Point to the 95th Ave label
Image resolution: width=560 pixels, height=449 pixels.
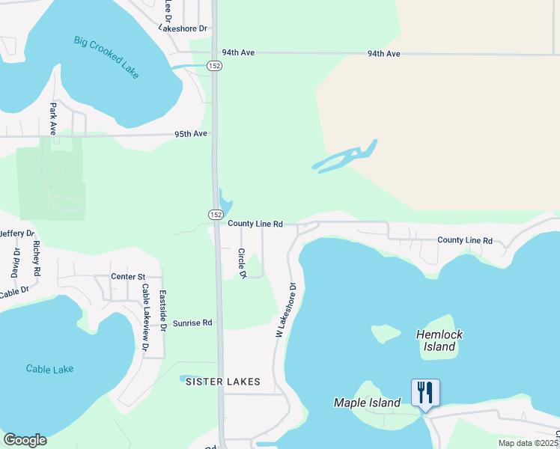click(x=191, y=134)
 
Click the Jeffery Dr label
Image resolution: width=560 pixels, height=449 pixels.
click(x=16, y=234)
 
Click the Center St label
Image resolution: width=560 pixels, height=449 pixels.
click(x=127, y=277)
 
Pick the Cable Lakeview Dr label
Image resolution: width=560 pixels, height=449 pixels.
click(x=145, y=319)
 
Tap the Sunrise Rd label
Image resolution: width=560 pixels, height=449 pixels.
click(x=192, y=323)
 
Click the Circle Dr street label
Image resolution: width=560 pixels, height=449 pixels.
click(x=243, y=263)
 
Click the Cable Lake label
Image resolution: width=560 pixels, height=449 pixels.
click(x=49, y=369)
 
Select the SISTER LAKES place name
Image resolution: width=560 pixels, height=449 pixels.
click(x=223, y=382)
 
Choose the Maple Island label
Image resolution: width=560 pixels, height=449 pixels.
click(x=367, y=403)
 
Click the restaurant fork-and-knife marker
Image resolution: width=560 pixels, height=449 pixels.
click(x=424, y=392)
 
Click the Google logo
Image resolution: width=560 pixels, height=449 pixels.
click(x=25, y=440)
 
